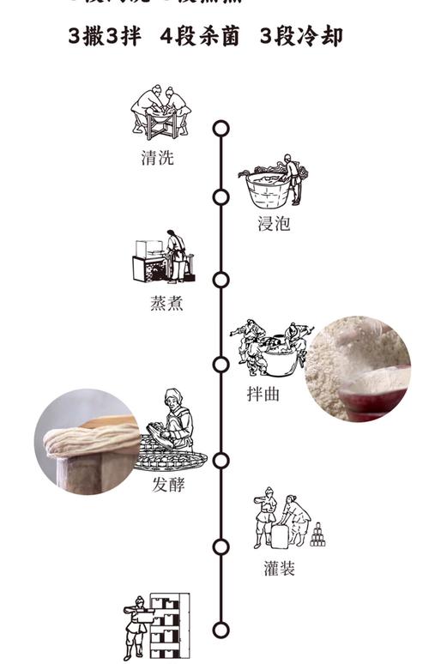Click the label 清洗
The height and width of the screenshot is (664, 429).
157,158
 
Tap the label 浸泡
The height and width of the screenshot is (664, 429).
274,224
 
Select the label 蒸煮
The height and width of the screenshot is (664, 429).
166,304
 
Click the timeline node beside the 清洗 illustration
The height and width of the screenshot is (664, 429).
221,129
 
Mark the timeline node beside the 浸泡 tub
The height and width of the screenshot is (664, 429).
221,197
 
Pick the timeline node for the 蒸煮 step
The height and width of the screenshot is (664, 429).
221,280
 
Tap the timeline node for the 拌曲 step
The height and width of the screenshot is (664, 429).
221,365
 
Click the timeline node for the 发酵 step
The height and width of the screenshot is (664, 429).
221,461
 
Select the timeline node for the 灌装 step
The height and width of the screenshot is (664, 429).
221,546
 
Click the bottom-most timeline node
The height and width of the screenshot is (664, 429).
221,630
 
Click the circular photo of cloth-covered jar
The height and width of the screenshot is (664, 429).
86,442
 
